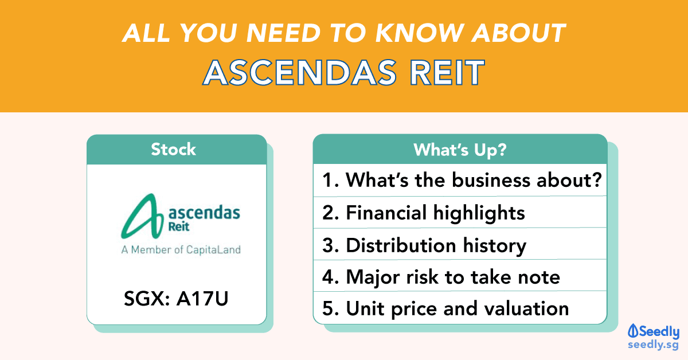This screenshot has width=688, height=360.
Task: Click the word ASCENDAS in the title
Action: [x=300, y=72]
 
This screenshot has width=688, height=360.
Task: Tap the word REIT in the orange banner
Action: [x=448, y=72]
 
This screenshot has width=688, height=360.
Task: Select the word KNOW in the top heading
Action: [x=420, y=33]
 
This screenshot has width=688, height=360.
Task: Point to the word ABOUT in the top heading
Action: [x=519, y=33]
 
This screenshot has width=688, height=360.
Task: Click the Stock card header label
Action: [x=174, y=150]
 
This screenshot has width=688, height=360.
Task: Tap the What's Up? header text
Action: [x=460, y=150]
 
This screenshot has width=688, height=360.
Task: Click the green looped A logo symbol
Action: [x=142, y=216]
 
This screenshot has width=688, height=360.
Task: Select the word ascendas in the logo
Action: [x=204, y=213]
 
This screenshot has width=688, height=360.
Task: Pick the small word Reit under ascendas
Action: [x=179, y=227]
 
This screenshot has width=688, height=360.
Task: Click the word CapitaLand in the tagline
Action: [x=213, y=250]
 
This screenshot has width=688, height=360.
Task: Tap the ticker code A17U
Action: [x=202, y=299]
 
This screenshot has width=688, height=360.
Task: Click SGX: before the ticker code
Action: [x=147, y=299]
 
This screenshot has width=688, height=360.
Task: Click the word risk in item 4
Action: [x=423, y=277]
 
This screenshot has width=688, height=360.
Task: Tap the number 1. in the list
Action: [x=330, y=180]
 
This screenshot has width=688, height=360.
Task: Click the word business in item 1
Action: [x=491, y=180]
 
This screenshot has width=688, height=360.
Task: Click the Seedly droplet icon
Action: [x=633, y=331]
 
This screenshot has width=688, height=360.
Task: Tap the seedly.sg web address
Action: [x=653, y=345]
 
